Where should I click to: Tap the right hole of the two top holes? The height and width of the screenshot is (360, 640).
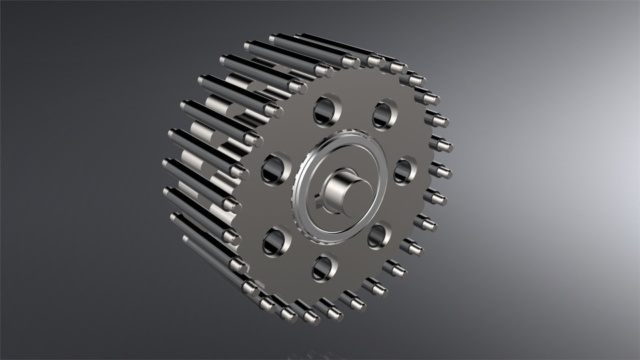(x=383, y=114)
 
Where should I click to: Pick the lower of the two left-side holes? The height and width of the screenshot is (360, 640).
(x=275, y=241)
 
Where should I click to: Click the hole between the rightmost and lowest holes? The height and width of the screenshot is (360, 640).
(x=378, y=235)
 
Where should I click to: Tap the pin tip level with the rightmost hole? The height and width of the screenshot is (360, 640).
(x=441, y=171)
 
